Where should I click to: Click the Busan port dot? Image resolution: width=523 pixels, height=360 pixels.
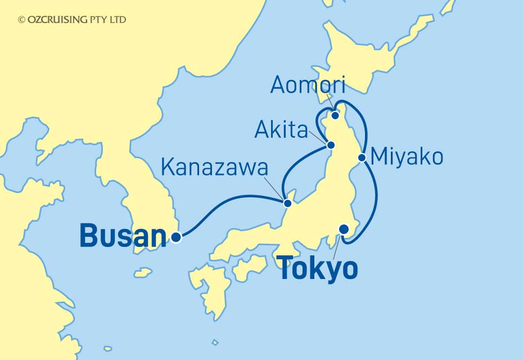coord(176,237)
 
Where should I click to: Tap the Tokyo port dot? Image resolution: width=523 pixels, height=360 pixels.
coord(344,229)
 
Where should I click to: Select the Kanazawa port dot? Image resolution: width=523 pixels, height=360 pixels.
coord(287,203)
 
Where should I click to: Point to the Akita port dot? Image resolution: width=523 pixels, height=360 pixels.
coord(331,146)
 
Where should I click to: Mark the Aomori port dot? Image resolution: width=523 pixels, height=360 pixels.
coord(335,116)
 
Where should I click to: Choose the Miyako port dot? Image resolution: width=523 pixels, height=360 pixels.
coord(363,158)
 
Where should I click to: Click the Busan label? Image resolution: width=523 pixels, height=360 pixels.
coord(124,236)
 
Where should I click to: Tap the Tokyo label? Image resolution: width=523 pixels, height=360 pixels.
coord(318,269)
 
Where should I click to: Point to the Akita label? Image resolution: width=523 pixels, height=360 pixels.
coord(281,130)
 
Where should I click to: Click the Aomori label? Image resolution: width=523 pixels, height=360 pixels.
coord(307,85)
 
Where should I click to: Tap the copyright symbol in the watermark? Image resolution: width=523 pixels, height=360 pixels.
coord(21,20)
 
